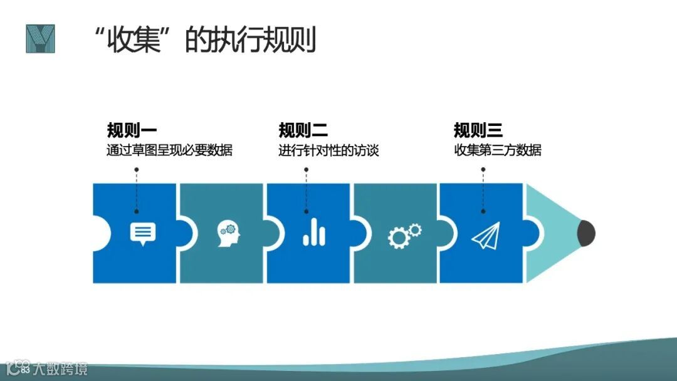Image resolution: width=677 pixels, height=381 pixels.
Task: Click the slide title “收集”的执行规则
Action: click(204, 40)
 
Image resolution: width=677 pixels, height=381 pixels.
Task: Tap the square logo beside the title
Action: click(40, 39)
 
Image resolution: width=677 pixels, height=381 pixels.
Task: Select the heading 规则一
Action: click(132, 130)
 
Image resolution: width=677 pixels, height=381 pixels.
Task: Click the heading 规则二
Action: click(303, 130)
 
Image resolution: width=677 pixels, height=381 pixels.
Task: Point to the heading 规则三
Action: click(478, 130)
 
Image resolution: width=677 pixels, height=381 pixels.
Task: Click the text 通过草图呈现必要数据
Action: click(169, 151)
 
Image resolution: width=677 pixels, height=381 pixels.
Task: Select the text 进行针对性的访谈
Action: click(329, 151)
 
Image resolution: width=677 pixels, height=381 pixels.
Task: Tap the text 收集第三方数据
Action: click(498, 151)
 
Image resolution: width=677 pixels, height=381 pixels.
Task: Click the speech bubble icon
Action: click(142, 233)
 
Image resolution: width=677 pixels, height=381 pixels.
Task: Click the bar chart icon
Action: click(314, 233)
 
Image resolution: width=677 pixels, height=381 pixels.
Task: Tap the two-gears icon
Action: click(404, 235)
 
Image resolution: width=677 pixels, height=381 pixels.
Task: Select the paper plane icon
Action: click(487, 235)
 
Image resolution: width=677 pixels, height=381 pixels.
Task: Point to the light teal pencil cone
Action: click(552, 233)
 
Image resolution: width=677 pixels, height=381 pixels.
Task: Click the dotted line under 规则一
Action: click(136, 185)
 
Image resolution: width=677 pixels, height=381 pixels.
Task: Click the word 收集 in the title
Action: click(132, 40)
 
